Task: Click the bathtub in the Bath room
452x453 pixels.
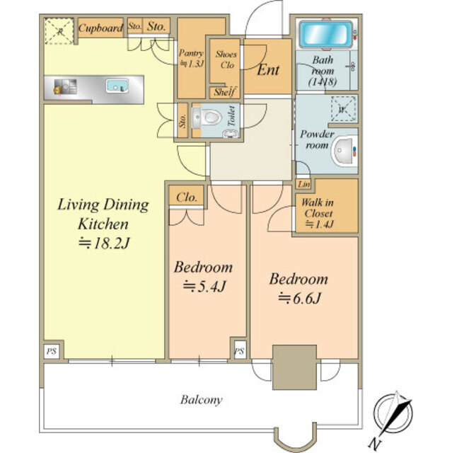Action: (325, 34)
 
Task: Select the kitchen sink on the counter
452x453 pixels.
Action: (117, 86)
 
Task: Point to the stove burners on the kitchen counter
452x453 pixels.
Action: (66, 86)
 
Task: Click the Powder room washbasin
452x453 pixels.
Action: (345, 151)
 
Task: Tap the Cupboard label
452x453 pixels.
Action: (100, 28)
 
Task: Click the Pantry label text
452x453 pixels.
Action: (191, 53)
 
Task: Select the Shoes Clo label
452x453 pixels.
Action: (226, 59)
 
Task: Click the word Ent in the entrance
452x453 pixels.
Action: (268, 69)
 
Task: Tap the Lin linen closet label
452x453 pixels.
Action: (303, 184)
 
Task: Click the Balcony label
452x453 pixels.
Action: (202, 400)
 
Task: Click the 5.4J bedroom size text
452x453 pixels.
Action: (204, 287)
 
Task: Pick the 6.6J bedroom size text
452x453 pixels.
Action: (300, 299)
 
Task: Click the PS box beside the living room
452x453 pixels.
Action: (52, 352)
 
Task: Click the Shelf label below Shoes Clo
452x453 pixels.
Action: (224, 93)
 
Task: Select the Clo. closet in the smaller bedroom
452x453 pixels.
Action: (187, 197)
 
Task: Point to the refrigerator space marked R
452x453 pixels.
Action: (59, 31)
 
